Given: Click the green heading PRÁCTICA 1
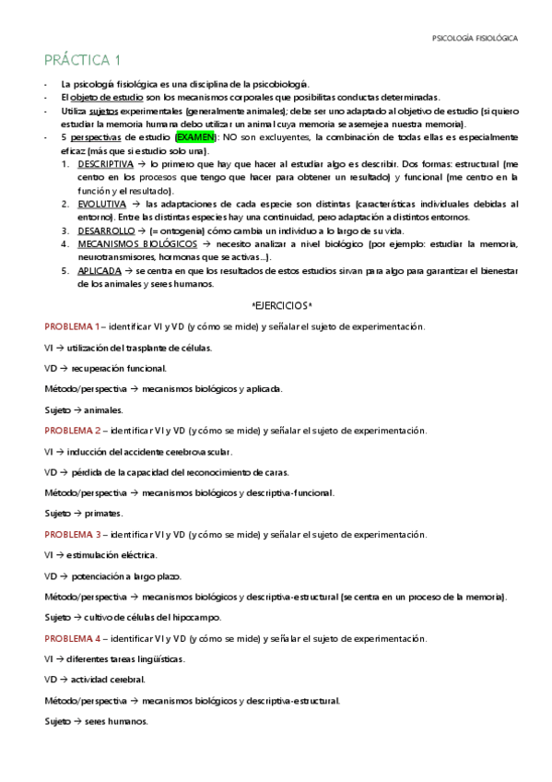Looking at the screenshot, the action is coord(83,61).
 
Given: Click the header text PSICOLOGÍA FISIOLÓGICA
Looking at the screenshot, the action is coord(475,39).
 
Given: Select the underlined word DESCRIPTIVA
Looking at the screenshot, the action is coord(106,163).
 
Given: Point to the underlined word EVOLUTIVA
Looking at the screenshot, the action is coord(101,204).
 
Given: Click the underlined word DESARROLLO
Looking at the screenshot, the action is coord(106,231).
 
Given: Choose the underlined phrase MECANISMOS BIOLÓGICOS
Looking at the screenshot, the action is coord(137,244).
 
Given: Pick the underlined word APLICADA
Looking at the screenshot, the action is coord(98,271).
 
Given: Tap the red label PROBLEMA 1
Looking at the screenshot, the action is coord(72,326).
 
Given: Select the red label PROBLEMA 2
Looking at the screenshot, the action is coord(72,431).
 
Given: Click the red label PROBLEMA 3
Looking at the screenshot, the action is coord(72,535).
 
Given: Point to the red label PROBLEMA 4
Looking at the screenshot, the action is coord(72,638).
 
